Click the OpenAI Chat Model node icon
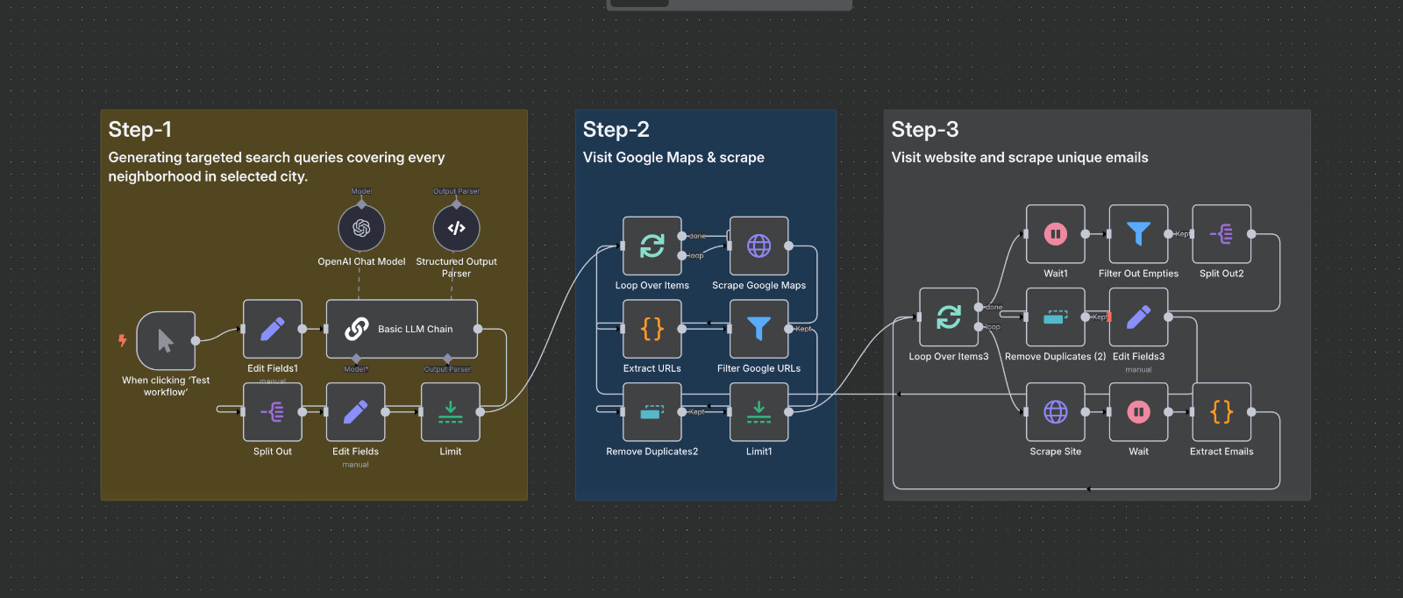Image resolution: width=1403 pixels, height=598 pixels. click(361, 228)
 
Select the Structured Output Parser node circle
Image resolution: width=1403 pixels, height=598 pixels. click(456, 228)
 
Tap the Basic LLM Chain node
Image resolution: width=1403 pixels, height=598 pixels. click(402, 329)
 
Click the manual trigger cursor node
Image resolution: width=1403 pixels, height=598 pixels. click(166, 340)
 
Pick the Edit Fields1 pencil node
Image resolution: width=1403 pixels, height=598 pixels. click(273, 329)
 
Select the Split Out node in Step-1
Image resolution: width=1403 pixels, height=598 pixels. click(273, 411)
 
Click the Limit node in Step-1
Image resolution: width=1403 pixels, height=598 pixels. click(450, 411)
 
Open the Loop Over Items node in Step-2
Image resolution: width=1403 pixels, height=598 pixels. click(652, 246)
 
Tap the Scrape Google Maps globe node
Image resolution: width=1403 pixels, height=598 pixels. click(758, 246)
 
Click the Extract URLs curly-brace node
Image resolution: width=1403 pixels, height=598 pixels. click(652, 329)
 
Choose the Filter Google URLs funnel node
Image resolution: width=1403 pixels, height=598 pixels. click(758, 329)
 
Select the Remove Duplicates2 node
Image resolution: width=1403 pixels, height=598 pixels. click(652, 411)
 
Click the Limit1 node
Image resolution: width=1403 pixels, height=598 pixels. click(758, 411)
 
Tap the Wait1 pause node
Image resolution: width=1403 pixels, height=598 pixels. click(1056, 234)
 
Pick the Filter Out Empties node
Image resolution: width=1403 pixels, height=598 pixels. click(1138, 234)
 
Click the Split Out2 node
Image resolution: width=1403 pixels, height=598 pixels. click(1221, 234)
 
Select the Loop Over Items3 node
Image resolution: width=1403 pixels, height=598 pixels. click(948, 317)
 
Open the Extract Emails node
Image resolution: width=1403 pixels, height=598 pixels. click(1221, 411)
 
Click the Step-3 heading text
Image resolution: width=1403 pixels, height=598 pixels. click(924, 130)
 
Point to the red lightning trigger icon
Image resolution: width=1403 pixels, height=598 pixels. click(123, 340)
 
